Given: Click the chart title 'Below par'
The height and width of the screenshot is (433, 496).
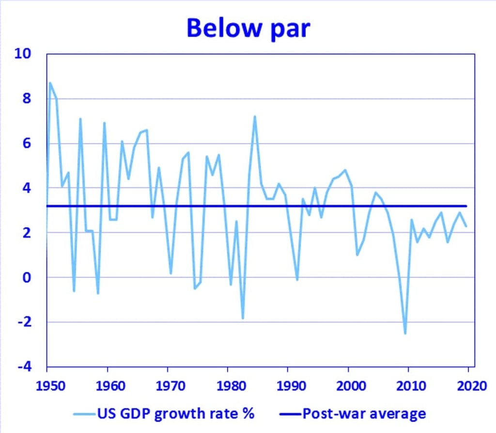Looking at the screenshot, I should (248, 28).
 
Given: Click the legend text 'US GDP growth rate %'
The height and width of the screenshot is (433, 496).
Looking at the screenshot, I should (176, 414).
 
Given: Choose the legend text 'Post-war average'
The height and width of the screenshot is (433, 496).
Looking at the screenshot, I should (364, 414).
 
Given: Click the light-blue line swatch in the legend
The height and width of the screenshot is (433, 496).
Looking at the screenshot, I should (84, 414).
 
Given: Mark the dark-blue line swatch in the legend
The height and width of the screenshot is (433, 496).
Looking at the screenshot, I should (290, 414).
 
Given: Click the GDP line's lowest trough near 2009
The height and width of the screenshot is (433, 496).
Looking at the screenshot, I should (405, 333).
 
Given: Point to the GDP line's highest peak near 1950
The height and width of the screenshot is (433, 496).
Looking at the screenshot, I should (50, 83).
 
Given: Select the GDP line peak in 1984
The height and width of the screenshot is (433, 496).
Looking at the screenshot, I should (254, 116).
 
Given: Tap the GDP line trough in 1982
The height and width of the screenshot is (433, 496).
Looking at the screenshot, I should (243, 318).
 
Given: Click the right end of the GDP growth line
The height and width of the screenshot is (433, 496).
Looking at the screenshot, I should (466, 226).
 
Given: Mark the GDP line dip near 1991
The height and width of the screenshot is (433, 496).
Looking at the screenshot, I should (297, 280).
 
